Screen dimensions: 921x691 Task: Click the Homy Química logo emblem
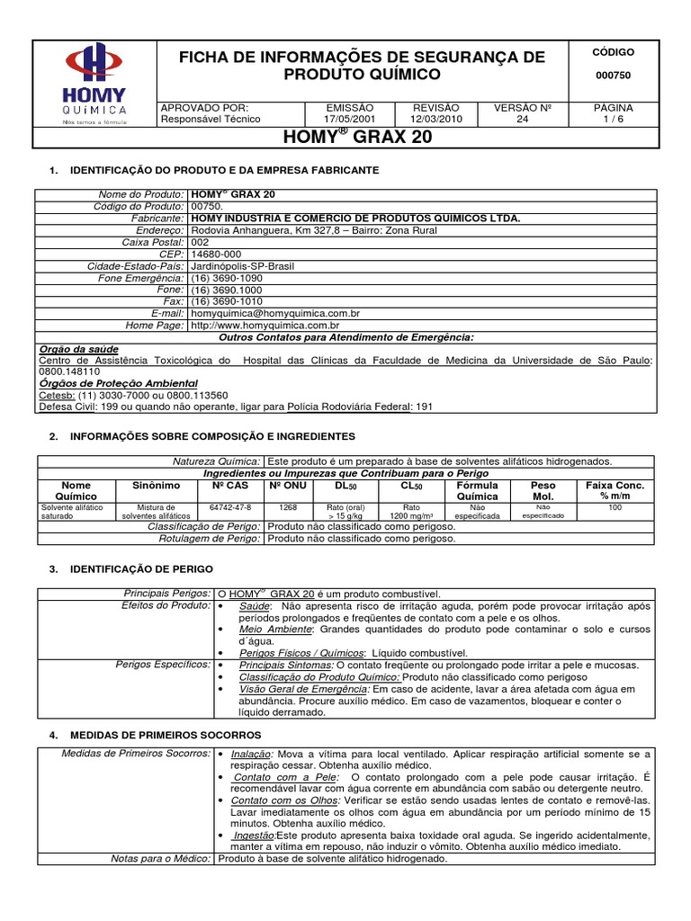pyautogui.click(x=93, y=62)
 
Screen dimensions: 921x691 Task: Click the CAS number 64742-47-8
pyautogui.click(x=230, y=507)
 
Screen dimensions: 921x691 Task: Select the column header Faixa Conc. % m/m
pyautogui.click(x=615, y=491)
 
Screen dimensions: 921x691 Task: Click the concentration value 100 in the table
pyautogui.click(x=615, y=507)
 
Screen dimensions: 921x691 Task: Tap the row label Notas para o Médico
pyautogui.click(x=161, y=859)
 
